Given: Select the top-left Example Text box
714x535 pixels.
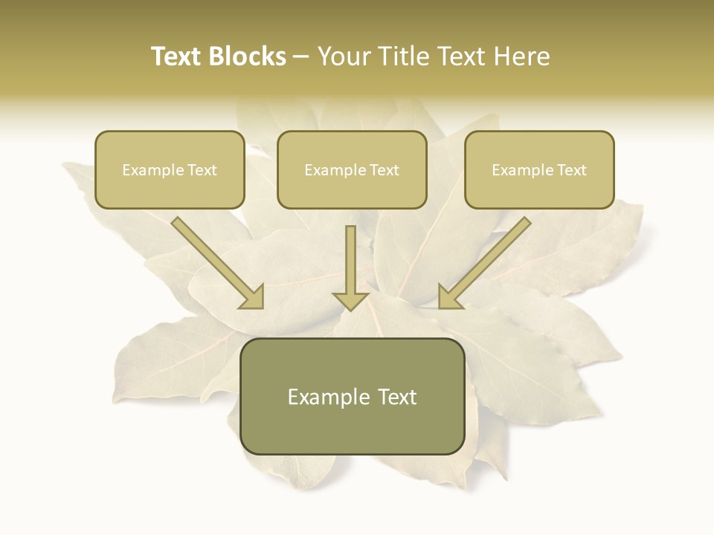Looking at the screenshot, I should click(170, 169).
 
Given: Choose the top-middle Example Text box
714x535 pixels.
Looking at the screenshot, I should click(352, 169).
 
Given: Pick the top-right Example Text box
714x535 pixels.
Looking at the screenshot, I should click(539, 169).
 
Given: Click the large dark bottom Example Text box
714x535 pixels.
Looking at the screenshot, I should click(353, 396).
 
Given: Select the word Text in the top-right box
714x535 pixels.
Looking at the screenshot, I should click(571, 170).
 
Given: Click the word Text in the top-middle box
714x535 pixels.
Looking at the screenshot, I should click(384, 170).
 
